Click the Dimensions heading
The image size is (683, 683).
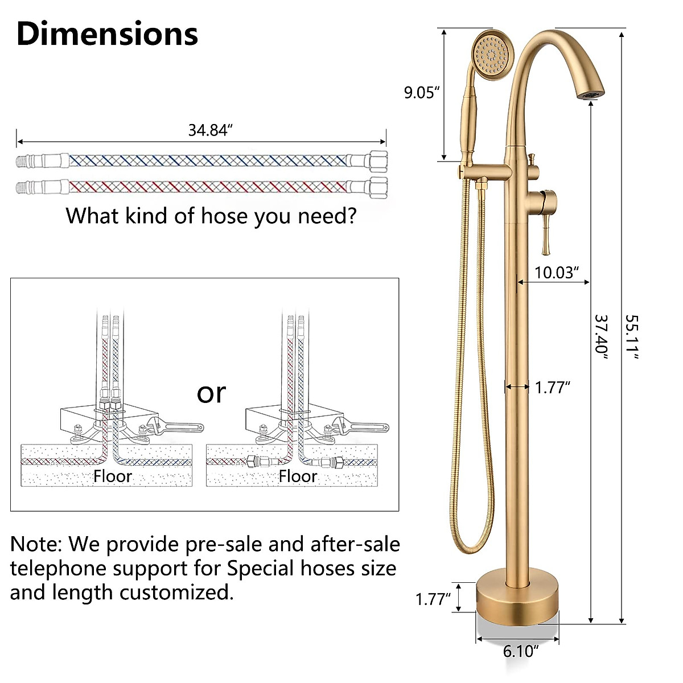(x=107, y=34)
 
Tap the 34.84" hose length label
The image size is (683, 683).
(x=211, y=130)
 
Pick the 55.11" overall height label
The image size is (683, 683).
(x=632, y=336)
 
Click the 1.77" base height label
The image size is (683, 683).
(x=433, y=599)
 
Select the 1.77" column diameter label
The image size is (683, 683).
(x=552, y=388)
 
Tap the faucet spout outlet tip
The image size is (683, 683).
(x=592, y=92)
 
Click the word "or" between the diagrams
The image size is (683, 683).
(x=211, y=393)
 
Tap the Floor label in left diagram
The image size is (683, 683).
(x=113, y=476)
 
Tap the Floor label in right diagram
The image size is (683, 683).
(x=298, y=476)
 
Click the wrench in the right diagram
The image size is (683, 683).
(x=362, y=426)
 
